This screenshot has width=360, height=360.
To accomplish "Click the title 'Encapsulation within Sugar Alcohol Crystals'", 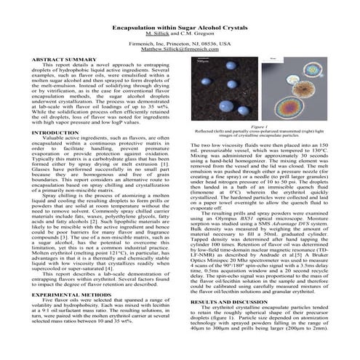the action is click(180, 25).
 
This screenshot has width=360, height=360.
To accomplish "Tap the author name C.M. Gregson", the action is click(196, 33).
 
